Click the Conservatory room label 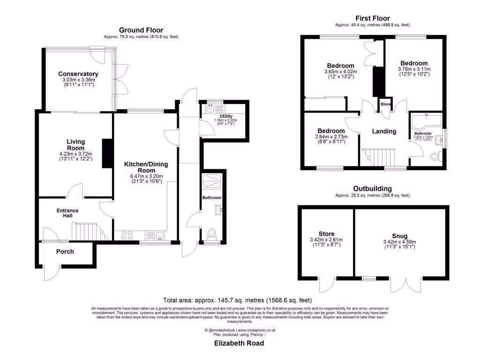pyautogui.click(x=78, y=74)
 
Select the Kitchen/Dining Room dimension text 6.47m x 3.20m pyautogui.click(x=146, y=176)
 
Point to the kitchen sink pyautogui.click(x=157, y=235)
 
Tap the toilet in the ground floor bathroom pyautogui.click(x=211, y=233)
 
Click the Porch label pyautogui.click(x=65, y=252)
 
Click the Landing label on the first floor pyautogui.click(x=384, y=132)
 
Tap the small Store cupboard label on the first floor pyautogui.click(x=385, y=104)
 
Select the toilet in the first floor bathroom pyautogui.click(x=435, y=157)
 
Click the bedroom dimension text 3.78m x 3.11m pyautogui.click(x=413, y=69)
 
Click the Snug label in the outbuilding pyautogui.click(x=400, y=236)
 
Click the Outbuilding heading pyautogui.click(x=372, y=189)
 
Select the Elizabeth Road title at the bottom pyautogui.click(x=239, y=343)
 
